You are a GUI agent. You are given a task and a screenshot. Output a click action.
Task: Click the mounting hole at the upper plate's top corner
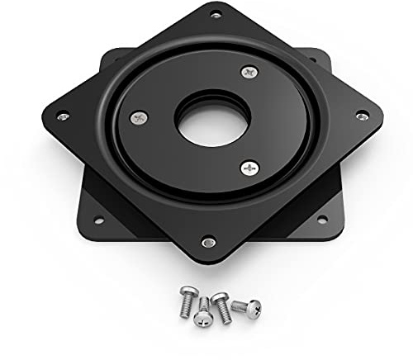coord(217,14)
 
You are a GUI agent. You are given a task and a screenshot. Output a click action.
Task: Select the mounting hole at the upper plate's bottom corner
coord(209,242)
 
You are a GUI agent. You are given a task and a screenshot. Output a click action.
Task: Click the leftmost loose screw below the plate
coord(188,306)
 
